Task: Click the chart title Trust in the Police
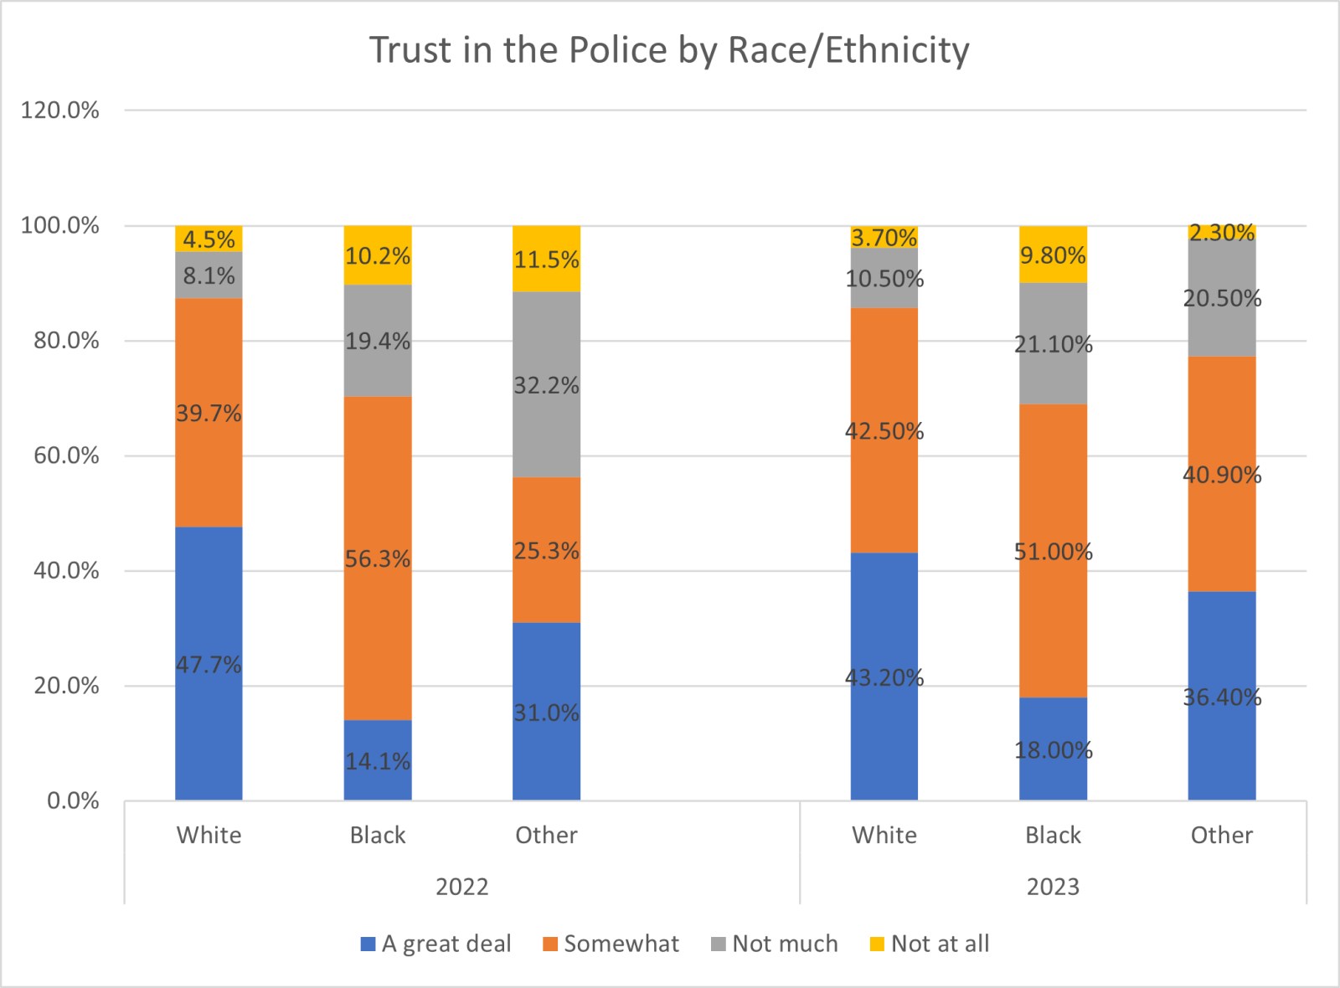click(669, 50)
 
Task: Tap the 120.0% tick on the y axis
click(60, 111)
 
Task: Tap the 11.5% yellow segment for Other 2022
click(546, 259)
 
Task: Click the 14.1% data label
click(378, 761)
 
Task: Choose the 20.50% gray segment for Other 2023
click(1222, 298)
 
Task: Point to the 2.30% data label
click(1222, 232)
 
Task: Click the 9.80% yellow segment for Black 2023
click(1053, 255)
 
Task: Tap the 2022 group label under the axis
click(461, 887)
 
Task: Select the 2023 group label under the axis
click(1053, 887)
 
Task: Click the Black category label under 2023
click(1053, 835)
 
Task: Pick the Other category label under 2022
click(546, 835)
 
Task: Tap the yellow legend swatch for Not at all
click(877, 944)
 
